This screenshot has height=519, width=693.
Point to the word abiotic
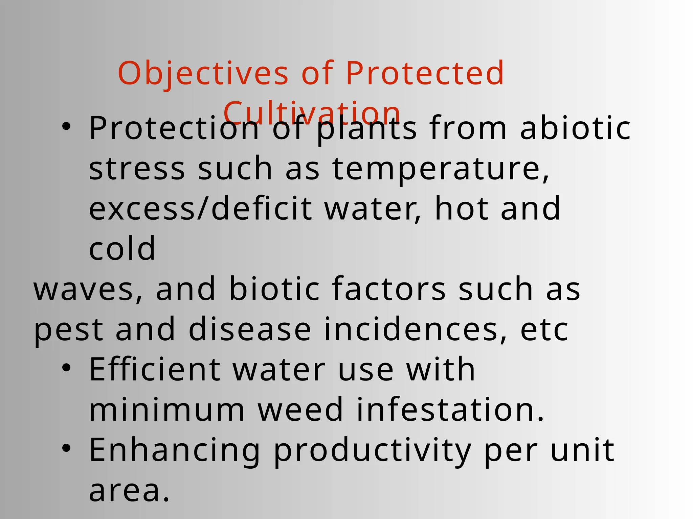(x=575, y=128)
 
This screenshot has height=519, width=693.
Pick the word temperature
(x=440, y=169)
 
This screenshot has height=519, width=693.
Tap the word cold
(x=122, y=249)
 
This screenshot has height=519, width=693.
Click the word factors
(x=388, y=289)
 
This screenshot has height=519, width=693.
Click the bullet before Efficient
(x=66, y=368)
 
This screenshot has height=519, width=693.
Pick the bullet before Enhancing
(x=66, y=449)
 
